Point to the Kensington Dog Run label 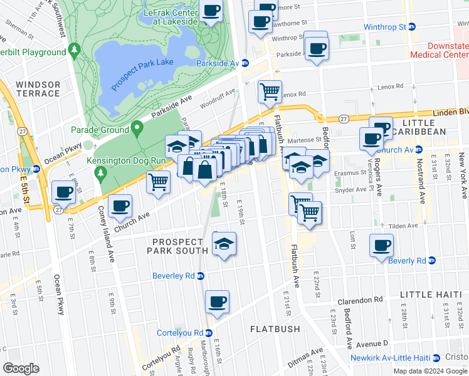click(135, 161)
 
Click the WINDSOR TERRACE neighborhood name click(38, 89)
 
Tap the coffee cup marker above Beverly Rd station click(381, 245)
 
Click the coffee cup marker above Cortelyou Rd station click(218, 301)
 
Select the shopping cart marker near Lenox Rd click(270, 91)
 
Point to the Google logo click(21, 368)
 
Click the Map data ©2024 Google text click(429, 371)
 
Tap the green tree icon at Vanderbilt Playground click(75, 48)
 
